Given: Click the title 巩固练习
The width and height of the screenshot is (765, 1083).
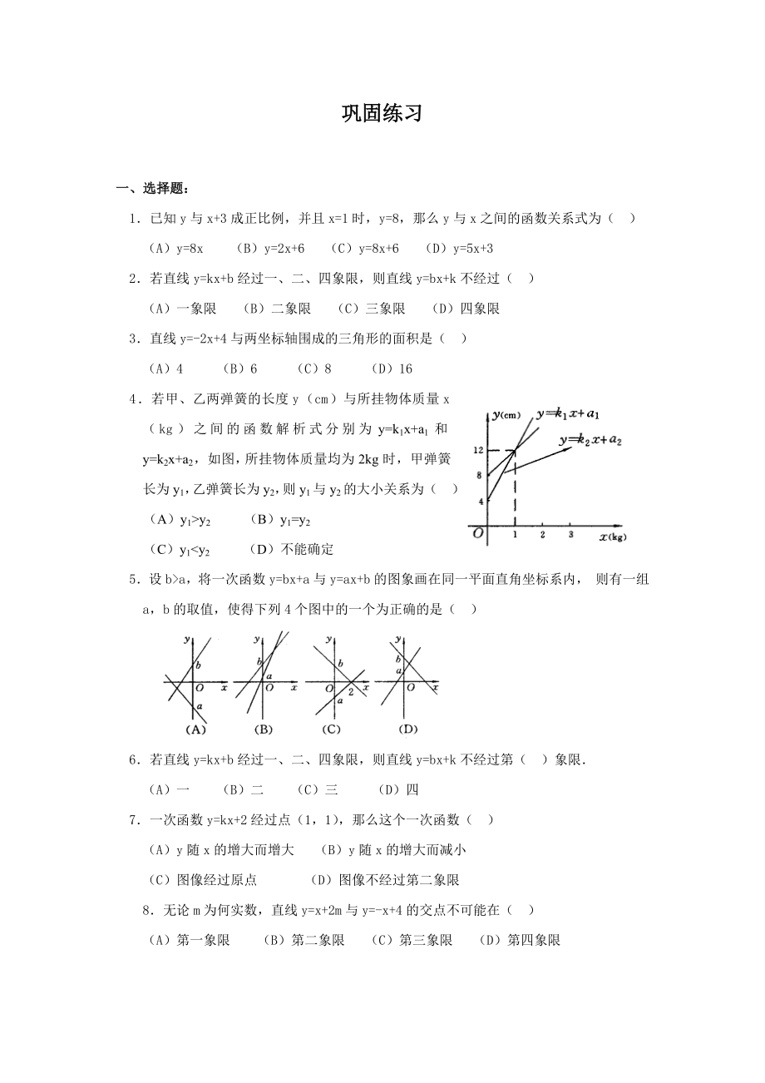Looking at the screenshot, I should point(382,114).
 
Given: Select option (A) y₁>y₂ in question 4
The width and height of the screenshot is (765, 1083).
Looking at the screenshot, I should point(180,520).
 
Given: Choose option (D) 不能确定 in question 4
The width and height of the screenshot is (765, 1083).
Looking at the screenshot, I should point(291,550).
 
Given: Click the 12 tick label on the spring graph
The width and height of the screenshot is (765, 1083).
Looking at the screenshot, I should point(478,450).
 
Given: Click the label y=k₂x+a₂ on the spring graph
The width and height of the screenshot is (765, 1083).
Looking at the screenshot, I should point(590,439).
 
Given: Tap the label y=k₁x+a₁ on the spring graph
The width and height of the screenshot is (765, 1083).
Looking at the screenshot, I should point(569,413).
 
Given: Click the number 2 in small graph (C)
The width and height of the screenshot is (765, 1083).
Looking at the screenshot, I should point(351,692).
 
